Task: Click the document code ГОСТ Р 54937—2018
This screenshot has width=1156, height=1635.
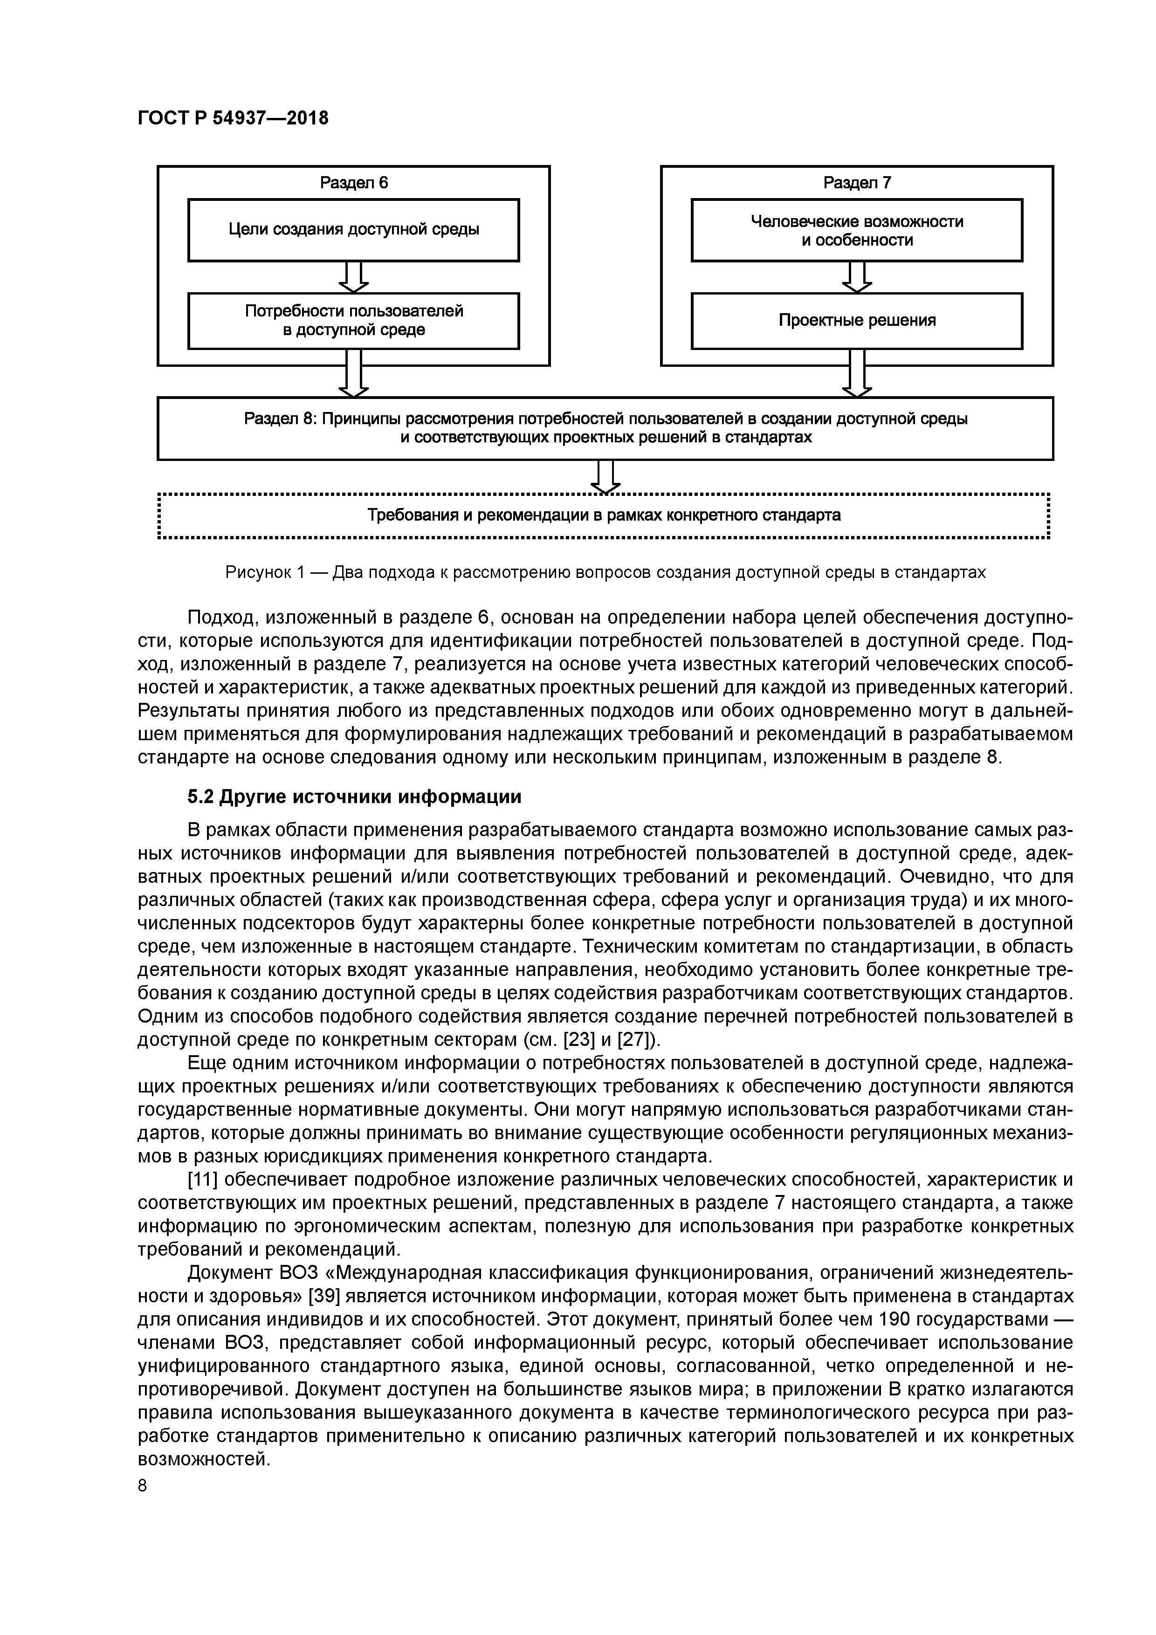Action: click(x=233, y=118)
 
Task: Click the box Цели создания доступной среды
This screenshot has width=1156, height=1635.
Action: click(x=353, y=230)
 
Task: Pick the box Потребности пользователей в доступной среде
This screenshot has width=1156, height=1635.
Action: click(x=353, y=321)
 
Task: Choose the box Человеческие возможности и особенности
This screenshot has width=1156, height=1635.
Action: click(x=857, y=230)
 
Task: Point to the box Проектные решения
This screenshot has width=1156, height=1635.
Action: click(x=857, y=321)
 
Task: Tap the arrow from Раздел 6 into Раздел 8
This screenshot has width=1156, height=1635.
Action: click(x=353, y=374)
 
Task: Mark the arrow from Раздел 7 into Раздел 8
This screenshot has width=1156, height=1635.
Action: click(x=857, y=374)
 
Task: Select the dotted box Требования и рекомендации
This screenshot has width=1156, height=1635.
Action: click(x=604, y=515)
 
